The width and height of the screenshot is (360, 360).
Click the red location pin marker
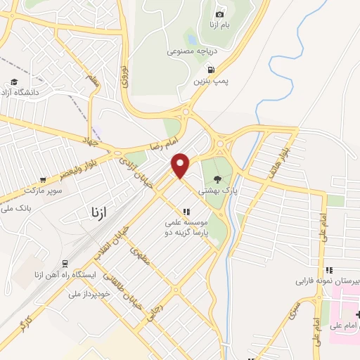(181, 165)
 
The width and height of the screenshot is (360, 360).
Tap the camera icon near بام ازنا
(219, 14)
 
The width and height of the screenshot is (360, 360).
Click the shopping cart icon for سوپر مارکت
(44, 179)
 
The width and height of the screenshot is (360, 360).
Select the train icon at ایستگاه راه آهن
(65, 264)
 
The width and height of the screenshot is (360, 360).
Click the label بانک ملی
(15, 209)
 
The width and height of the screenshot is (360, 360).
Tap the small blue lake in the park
(192, 39)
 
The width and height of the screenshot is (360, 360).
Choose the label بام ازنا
(219, 26)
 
